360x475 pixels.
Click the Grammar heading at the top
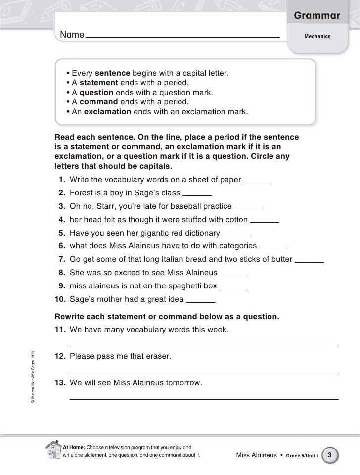coord(317,16)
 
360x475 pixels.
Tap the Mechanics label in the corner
coord(317,37)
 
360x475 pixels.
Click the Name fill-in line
coord(182,37)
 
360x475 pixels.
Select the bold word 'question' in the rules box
coord(96,92)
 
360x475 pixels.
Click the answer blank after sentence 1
coord(258,183)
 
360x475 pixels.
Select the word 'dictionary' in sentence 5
coord(200,233)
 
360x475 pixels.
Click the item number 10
coord(60,299)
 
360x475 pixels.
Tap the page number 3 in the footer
coord(329,454)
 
